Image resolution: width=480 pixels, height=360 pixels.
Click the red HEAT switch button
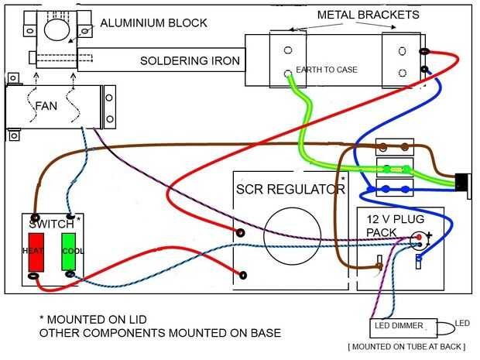tap(36, 251)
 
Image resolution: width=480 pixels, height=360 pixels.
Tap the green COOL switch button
tap(69, 251)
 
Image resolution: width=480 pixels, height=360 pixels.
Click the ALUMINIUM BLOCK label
tap(153, 23)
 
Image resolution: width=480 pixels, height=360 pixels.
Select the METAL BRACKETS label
tap(369, 15)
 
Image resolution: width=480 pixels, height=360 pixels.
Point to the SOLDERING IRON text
tap(190, 60)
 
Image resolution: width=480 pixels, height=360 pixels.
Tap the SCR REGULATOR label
tap(289, 189)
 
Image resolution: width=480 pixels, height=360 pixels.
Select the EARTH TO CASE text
tap(327, 70)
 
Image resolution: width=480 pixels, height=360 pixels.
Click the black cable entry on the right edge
tap(462, 183)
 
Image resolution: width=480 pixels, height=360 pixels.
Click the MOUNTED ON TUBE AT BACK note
tap(410, 347)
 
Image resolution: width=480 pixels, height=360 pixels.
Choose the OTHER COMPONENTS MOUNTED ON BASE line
tap(159, 333)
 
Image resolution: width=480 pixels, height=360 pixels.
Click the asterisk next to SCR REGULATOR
tap(342, 180)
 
